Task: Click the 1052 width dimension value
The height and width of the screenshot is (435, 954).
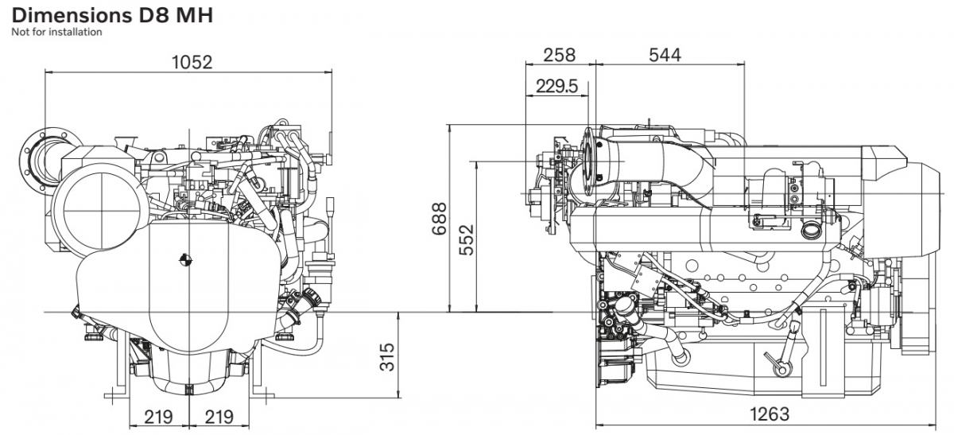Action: coord(192,63)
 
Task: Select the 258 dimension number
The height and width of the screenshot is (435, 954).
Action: coord(559,55)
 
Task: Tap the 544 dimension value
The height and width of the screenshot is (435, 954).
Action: coord(665,55)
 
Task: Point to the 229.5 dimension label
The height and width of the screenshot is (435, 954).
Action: coord(556,86)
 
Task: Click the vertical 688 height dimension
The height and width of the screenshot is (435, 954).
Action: coord(439,219)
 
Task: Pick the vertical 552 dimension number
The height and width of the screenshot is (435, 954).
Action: coord(467,240)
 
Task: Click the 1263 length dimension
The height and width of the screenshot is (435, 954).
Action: coord(770,414)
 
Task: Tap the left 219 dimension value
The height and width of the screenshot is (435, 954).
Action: coord(158,417)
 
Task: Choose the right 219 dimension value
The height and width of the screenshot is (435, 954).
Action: coord(219,417)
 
